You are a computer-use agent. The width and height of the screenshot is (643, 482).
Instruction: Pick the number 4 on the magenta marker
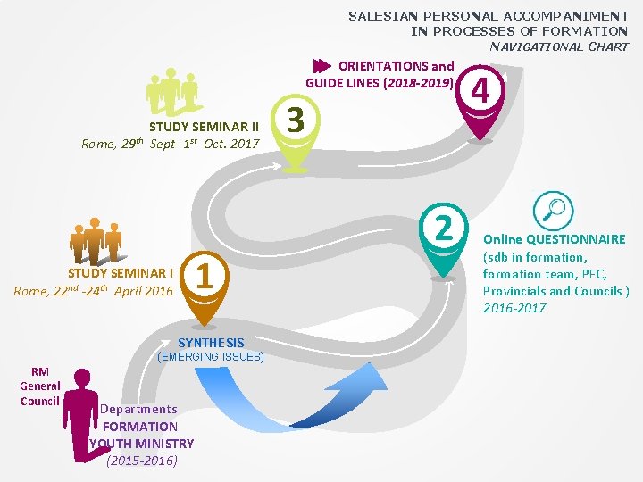[x=481, y=91]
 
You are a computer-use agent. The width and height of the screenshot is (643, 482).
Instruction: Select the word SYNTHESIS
[x=211, y=343]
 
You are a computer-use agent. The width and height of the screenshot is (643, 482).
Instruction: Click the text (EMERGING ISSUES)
[x=211, y=357]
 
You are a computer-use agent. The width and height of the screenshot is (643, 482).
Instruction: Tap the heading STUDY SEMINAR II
[x=204, y=128]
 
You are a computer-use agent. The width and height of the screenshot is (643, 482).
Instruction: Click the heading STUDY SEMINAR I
[x=121, y=273]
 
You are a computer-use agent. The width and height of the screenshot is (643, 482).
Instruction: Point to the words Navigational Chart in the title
[x=559, y=46]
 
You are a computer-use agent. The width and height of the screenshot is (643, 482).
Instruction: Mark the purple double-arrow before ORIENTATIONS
[x=321, y=66]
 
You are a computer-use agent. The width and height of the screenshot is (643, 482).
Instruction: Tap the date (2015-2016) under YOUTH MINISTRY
[x=142, y=461]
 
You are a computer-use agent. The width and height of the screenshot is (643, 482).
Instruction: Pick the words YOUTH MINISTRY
[x=141, y=444]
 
